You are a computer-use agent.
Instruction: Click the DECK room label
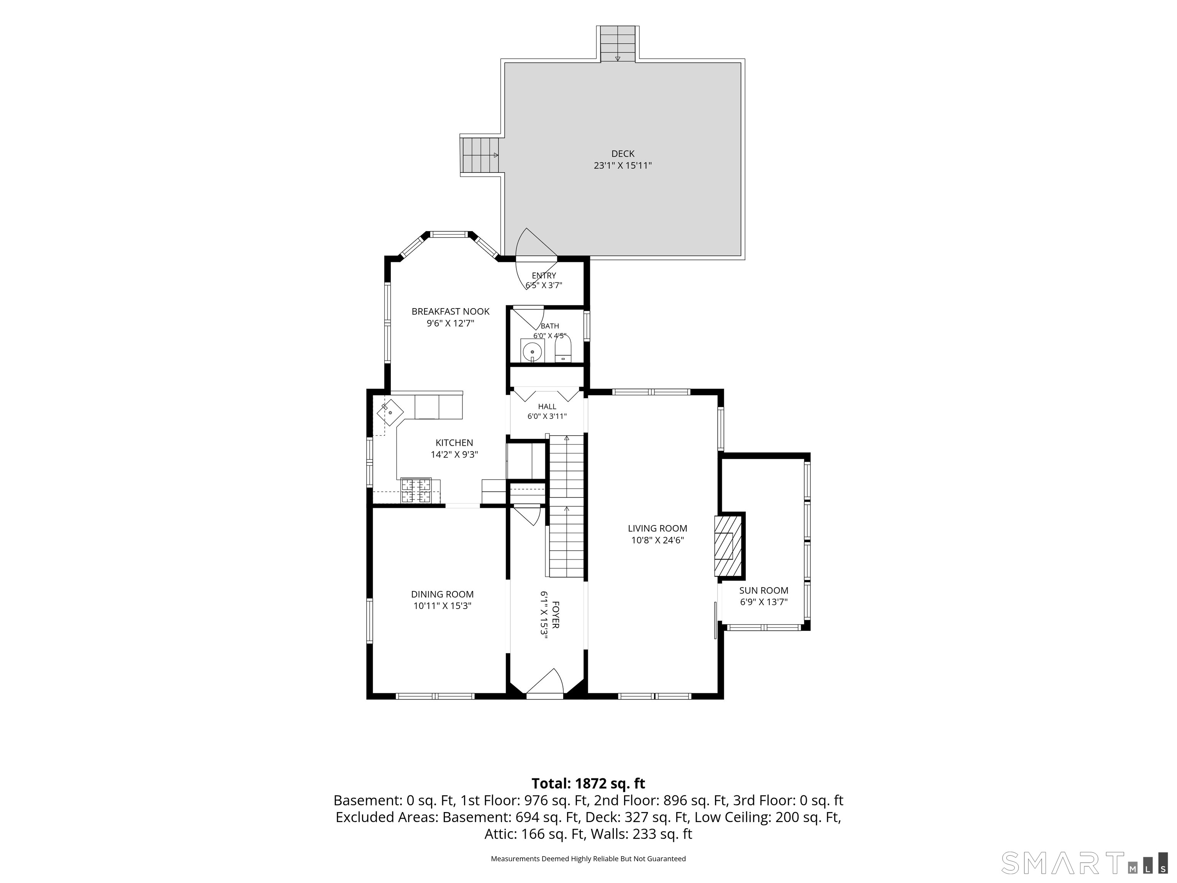point(623,154)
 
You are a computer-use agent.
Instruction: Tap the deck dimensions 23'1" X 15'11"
point(623,166)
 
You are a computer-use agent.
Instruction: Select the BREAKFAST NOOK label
point(450,311)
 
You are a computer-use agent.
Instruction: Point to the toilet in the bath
point(563,349)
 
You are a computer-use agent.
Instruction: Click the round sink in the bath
point(532,351)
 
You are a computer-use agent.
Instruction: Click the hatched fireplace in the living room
point(725,546)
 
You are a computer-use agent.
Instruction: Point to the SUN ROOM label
point(764,590)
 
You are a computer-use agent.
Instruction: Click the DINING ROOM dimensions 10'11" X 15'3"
point(442,606)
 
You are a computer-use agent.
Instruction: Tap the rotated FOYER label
point(556,615)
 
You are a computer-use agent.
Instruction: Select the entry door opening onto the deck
point(535,259)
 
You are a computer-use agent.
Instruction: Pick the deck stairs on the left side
point(480,155)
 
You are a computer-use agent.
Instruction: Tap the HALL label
point(547,407)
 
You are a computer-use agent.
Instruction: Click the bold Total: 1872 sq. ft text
point(588,783)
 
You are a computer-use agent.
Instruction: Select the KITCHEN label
point(454,443)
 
